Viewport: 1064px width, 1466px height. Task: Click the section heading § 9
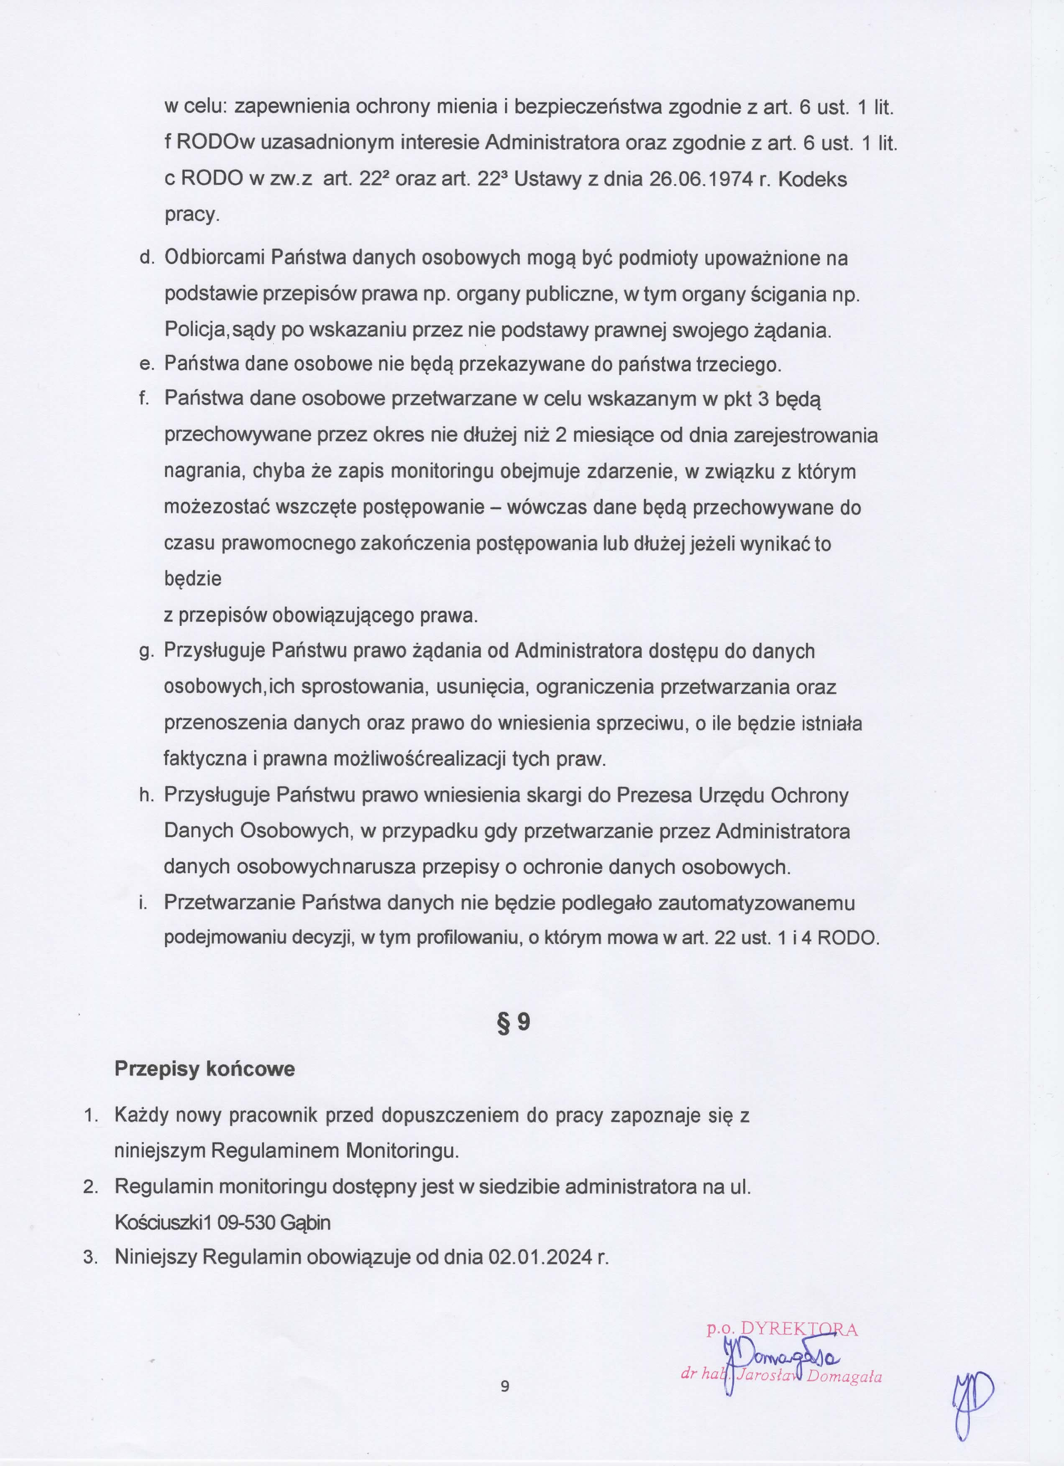[514, 1022]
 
